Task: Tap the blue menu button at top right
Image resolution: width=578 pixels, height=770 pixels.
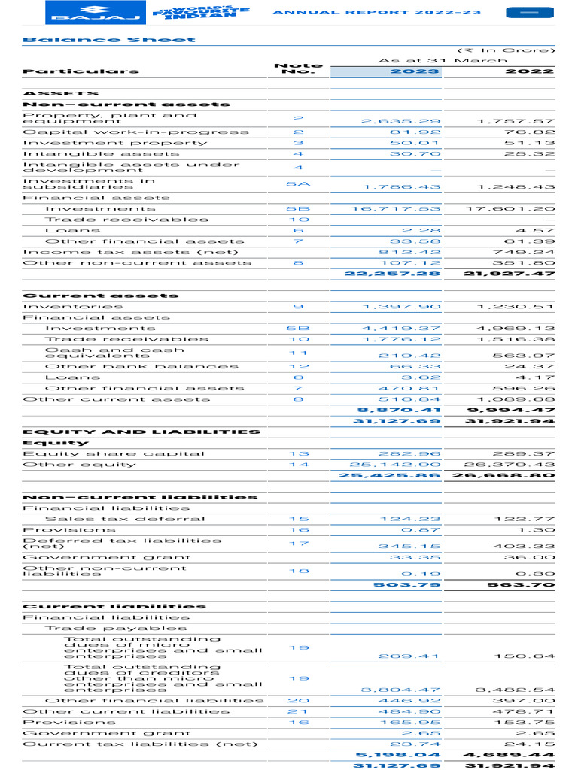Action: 529,13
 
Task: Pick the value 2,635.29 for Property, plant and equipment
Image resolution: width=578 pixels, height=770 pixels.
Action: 400,121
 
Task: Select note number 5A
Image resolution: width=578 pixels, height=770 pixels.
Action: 298,183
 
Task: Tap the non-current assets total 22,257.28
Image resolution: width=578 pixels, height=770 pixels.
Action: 392,274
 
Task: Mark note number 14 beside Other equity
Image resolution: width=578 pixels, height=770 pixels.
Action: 298,465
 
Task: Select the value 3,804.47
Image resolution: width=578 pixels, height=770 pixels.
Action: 400,690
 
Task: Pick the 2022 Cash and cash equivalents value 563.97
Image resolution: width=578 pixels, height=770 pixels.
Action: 524,356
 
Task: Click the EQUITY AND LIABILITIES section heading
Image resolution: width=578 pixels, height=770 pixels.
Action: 141,432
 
